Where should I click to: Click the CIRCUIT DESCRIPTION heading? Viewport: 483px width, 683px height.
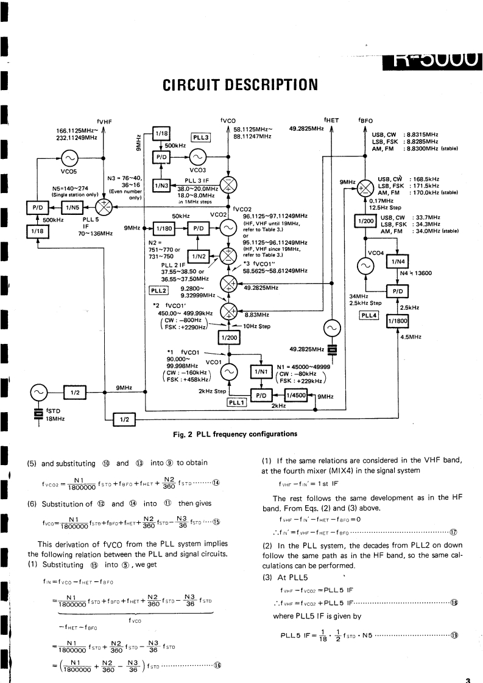[x=241, y=83]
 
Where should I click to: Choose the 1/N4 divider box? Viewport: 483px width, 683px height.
[x=397, y=262]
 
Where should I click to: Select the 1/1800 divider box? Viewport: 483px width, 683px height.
[x=397, y=320]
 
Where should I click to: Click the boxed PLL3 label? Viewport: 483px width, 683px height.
[x=202, y=138]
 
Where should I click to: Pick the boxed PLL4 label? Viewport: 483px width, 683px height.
[x=370, y=315]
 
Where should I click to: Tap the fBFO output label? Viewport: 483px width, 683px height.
[x=367, y=121]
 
